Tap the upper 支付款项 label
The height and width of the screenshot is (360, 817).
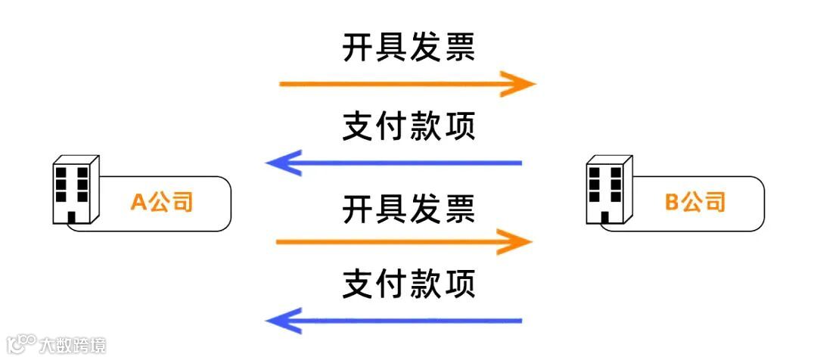click(x=408, y=126)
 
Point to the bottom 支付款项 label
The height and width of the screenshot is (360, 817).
click(x=408, y=284)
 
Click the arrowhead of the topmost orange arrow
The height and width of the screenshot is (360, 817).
click(x=522, y=83)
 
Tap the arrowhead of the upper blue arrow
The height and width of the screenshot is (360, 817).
click(x=281, y=163)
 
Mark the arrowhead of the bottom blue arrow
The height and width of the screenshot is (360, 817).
click(x=281, y=321)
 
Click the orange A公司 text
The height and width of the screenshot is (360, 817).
click(x=162, y=202)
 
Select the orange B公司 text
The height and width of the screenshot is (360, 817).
click(x=695, y=202)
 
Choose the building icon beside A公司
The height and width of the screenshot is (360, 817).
click(x=76, y=191)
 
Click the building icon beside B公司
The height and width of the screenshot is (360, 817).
click(x=609, y=191)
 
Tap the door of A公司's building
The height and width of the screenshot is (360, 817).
click(x=73, y=218)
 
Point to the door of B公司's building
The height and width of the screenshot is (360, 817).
click(x=605, y=218)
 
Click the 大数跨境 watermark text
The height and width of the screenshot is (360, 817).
click(x=73, y=345)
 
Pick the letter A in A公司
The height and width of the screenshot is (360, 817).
click(x=138, y=202)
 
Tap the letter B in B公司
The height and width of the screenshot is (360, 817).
click(x=672, y=202)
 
